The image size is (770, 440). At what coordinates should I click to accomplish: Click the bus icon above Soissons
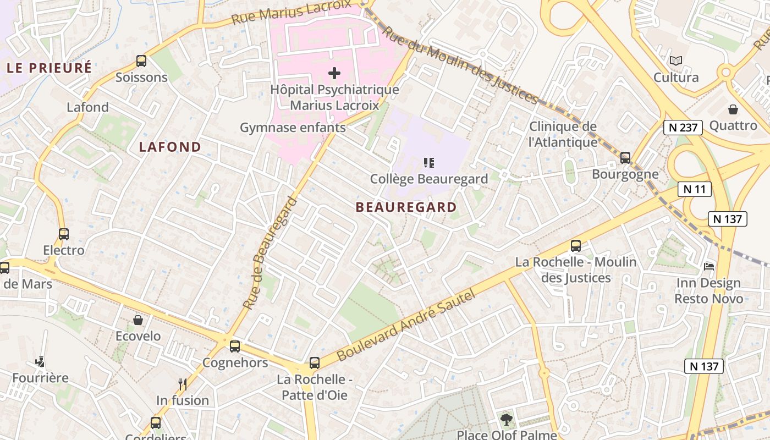(x=141, y=61)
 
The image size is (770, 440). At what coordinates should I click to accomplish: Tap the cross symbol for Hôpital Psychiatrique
(x=334, y=73)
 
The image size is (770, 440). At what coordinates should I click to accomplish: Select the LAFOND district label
(x=170, y=147)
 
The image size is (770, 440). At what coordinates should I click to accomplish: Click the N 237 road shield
(x=683, y=128)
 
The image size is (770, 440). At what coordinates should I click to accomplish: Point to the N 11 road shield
(x=694, y=189)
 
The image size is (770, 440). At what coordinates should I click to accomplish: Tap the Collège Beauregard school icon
(x=429, y=163)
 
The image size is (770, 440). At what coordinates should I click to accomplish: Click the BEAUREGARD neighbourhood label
(x=406, y=207)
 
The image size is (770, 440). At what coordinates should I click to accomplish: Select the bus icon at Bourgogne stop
(x=625, y=158)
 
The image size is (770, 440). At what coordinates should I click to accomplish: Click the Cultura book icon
(x=676, y=61)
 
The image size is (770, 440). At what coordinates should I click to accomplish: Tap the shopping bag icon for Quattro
(x=733, y=109)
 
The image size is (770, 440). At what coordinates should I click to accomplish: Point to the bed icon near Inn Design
(x=708, y=267)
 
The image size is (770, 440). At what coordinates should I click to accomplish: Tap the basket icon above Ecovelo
(x=138, y=320)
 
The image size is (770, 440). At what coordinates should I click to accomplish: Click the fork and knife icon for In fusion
(x=183, y=384)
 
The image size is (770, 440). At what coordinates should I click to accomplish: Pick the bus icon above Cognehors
(x=235, y=346)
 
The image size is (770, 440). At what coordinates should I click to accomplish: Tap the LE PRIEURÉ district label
(x=49, y=68)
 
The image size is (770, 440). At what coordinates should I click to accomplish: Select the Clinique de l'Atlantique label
(x=563, y=134)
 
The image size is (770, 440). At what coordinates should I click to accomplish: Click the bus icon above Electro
(x=64, y=234)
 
